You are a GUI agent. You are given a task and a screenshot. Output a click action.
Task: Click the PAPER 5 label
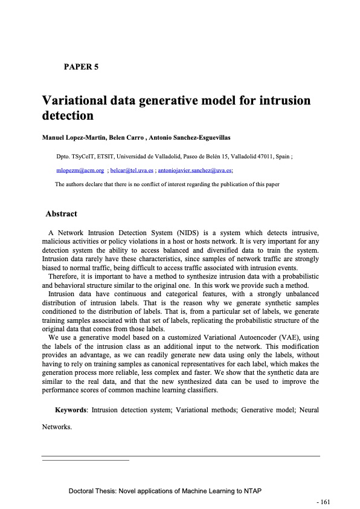81,66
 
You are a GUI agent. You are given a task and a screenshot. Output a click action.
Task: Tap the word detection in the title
68,115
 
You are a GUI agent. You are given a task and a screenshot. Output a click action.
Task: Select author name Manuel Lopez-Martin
72,138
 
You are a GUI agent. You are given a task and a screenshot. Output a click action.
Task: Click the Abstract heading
61,213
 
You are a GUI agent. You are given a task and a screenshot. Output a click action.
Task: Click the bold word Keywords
71,410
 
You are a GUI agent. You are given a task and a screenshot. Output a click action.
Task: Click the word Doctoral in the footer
83,491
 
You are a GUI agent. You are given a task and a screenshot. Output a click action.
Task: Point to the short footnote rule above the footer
86,461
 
